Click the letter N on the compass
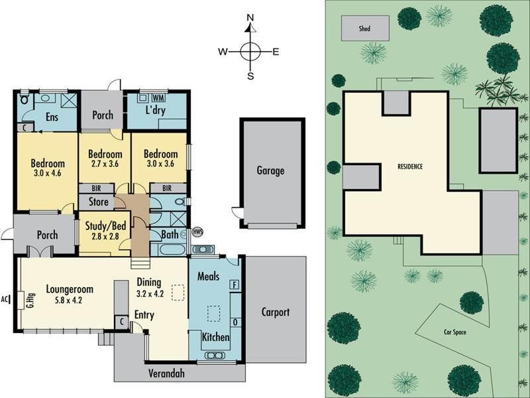click(x=250, y=18)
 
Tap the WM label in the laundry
click(x=158, y=97)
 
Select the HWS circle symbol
click(x=197, y=232)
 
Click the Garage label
click(x=270, y=170)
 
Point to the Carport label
click(x=275, y=312)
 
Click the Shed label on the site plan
click(x=364, y=29)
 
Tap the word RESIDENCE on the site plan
click(x=410, y=166)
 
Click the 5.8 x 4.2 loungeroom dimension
click(x=68, y=300)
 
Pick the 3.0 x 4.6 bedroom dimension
click(x=47, y=174)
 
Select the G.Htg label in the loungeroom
click(x=30, y=301)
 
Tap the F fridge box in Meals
click(x=233, y=285)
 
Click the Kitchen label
click(x=215, y=338)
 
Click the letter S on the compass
click(x=250, y=76)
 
